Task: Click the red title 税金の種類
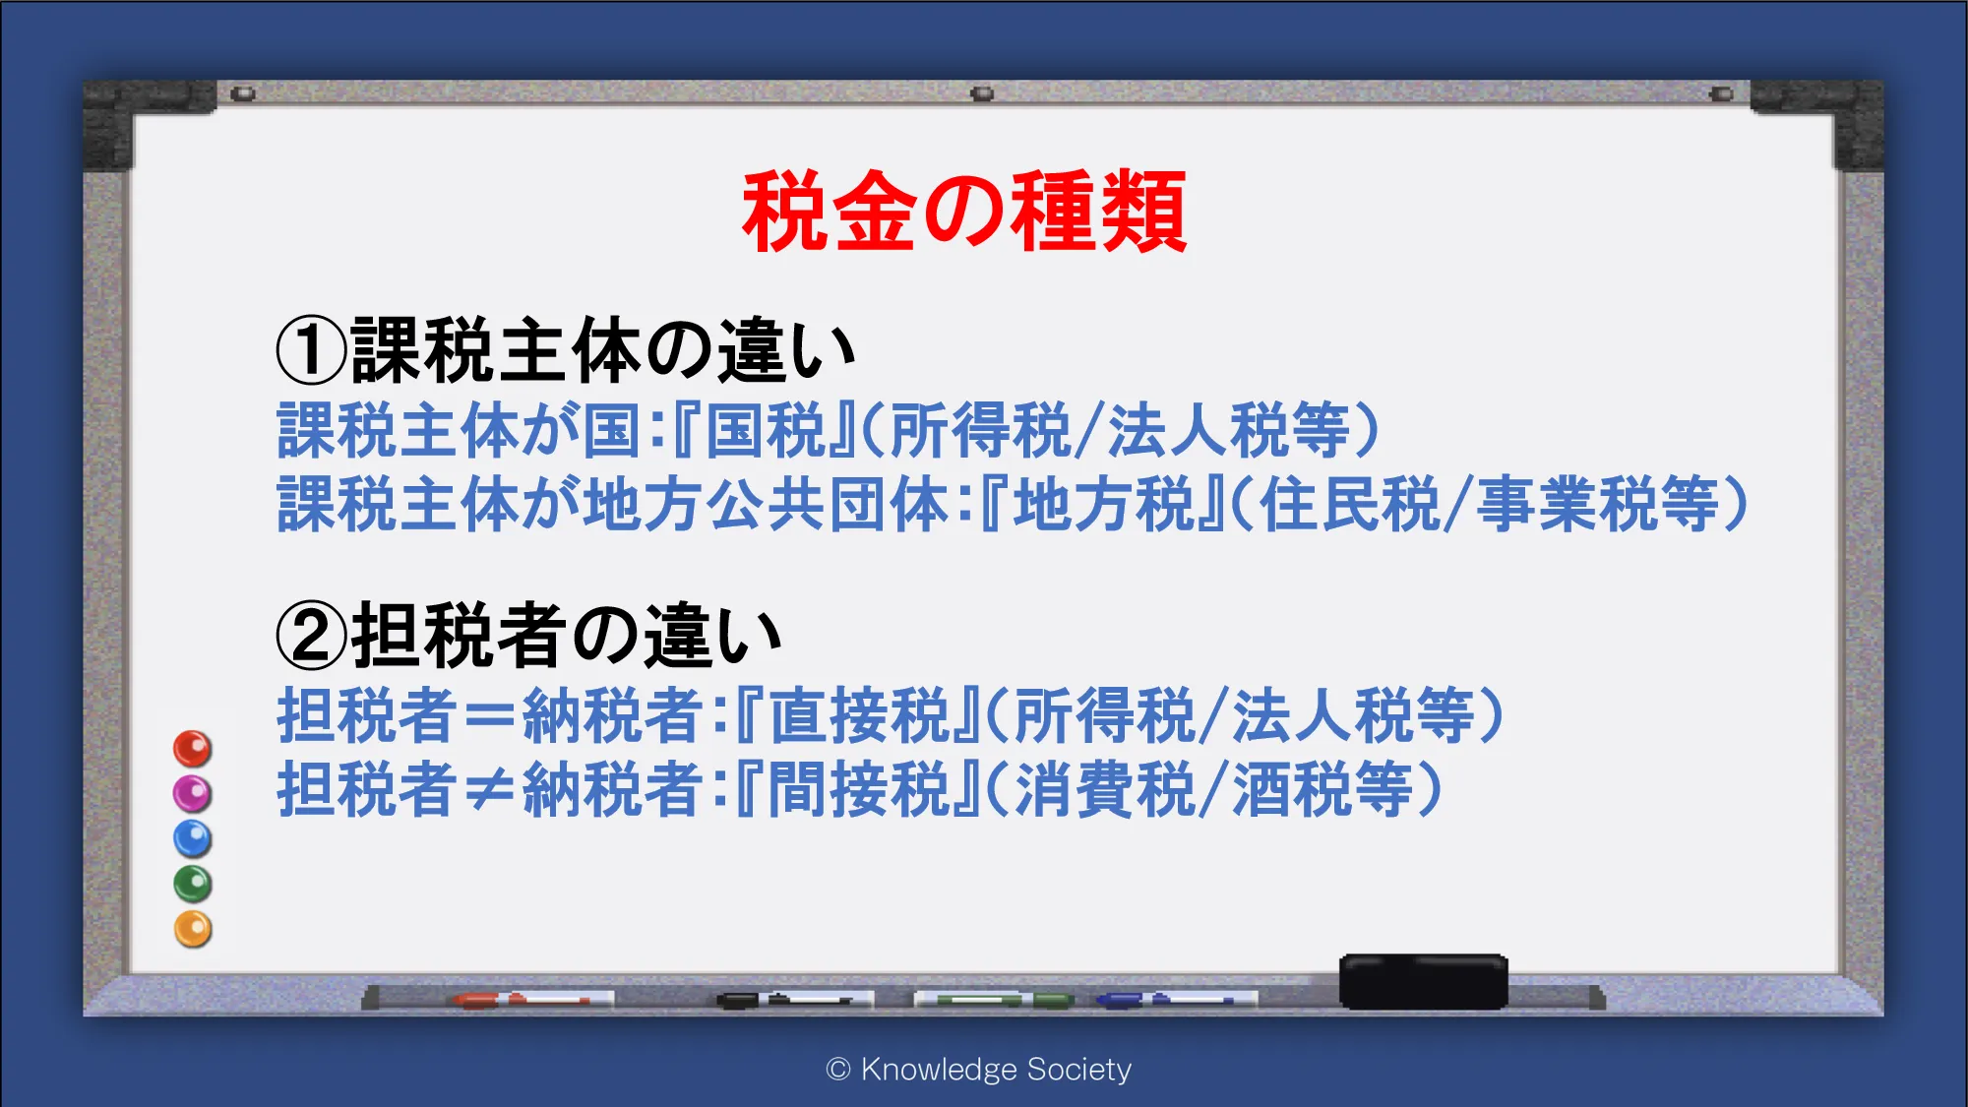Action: point(964,212)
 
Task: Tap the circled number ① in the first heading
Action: point(311,351)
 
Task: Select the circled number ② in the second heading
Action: point(311,636)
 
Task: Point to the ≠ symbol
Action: point(490,790)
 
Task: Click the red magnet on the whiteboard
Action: point(193,749)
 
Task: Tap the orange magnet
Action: point(193,929)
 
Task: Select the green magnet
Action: point(193,884)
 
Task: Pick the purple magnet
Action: point(193,793)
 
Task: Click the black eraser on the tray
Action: point(1423,981)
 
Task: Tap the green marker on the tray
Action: point(994,1000)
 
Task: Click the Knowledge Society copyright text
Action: point(979,1070)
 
